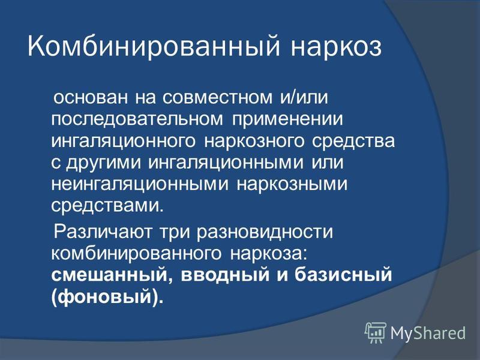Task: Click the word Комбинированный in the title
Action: pos(154,47)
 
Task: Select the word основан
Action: pos(91,98)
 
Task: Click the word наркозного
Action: pos(254,142)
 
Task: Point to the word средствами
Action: pos(107,206)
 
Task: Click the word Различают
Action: pos(103,232)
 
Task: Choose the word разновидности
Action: pos(265,232)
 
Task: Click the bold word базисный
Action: pos(343,275)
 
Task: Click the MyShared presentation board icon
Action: pos(376,333)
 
